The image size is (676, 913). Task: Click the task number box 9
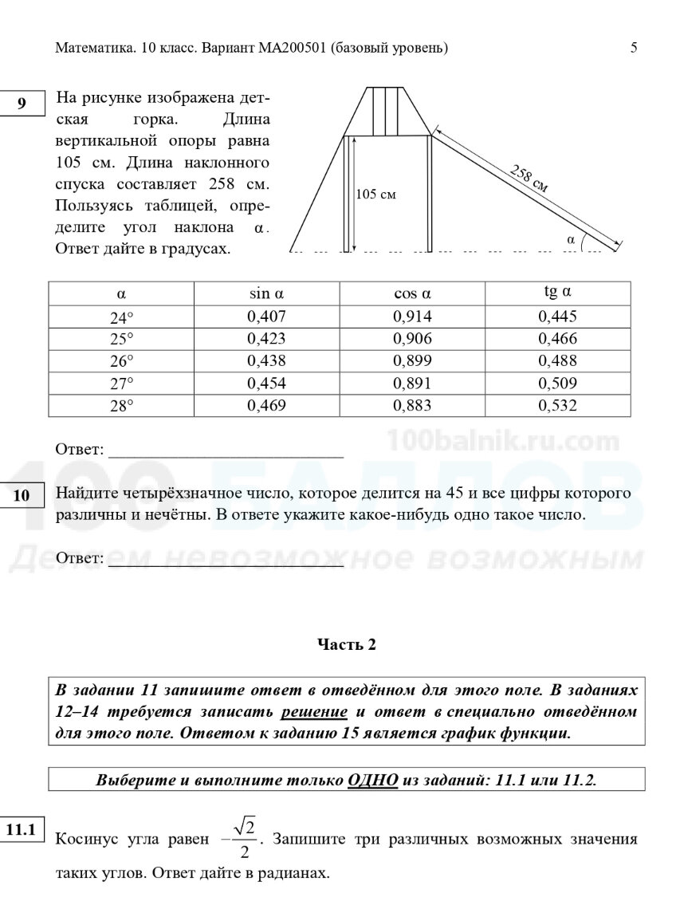[x=22, y=103]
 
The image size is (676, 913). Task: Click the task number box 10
[x=22, y=494]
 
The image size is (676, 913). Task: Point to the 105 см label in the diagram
[x=375, y=194]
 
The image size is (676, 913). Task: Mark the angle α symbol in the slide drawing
[x=570, y=238]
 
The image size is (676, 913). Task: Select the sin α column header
[x=266, y=293]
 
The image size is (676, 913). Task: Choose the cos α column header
[x=412, y=293]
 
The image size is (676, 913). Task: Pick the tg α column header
[x=557, y=292]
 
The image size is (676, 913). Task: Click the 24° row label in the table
[x=121, y=317]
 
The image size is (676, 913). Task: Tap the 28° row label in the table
[x=121, y=406]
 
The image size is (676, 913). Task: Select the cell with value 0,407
[x=266, y=317]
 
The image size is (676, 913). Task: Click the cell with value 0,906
[x=412, y=339]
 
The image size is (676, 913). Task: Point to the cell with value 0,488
[x=557, y=361]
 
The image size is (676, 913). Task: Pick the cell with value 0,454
[x=266, y=384]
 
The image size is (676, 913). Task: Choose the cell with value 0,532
[x=557, y=406]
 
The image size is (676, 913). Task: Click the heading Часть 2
[x=346, y=645]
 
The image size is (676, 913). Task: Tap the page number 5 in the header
[x=634, y=48]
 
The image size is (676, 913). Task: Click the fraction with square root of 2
[x=242, y=838]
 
